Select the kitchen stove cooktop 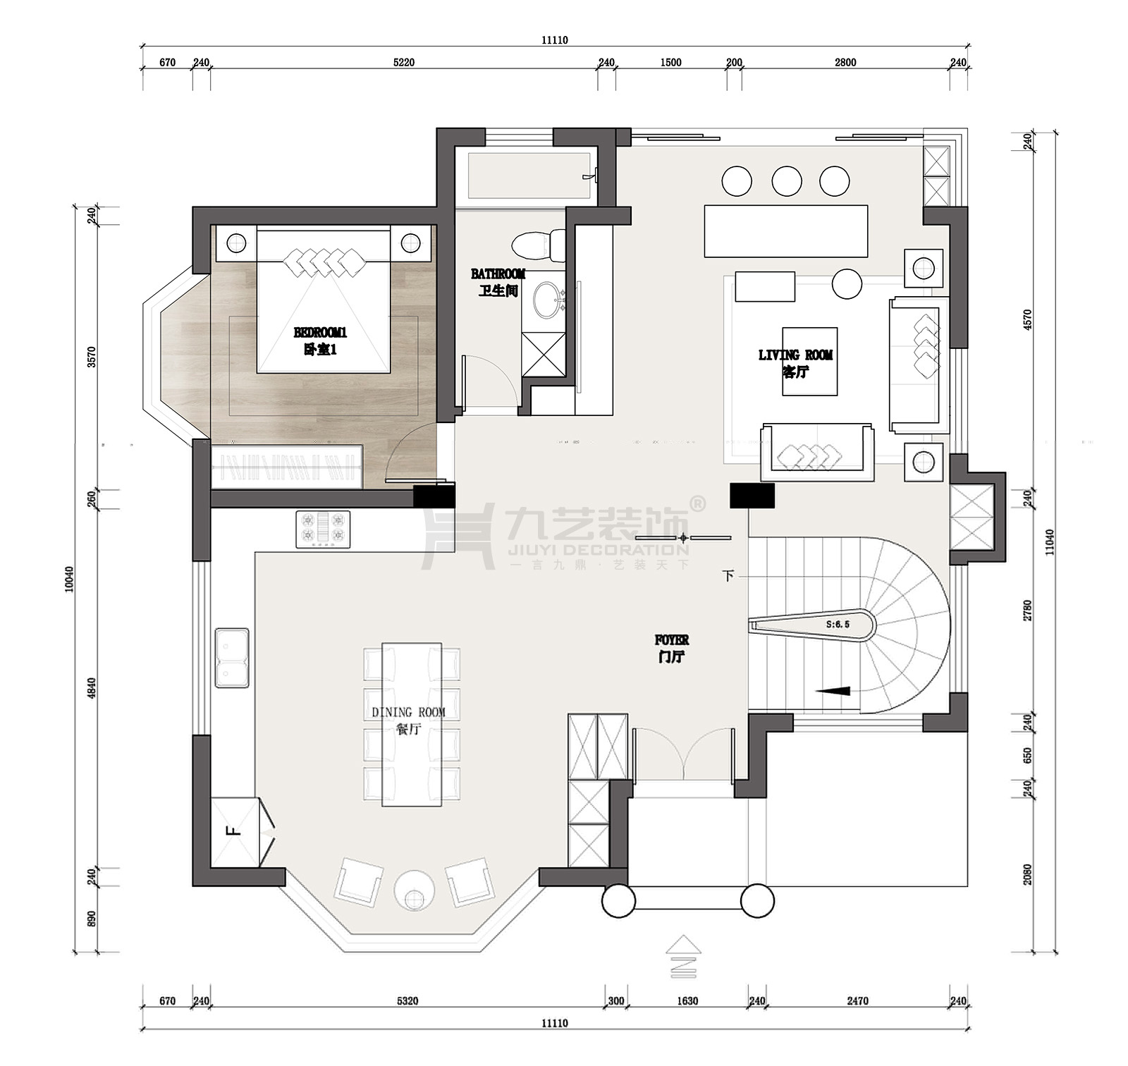323,529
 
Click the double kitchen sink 232,658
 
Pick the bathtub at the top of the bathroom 529,176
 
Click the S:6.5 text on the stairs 838,625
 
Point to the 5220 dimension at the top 404,63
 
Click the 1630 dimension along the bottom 687,1000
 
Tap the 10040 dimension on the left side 69,579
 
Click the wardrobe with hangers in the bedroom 287,466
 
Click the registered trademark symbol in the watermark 697,503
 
